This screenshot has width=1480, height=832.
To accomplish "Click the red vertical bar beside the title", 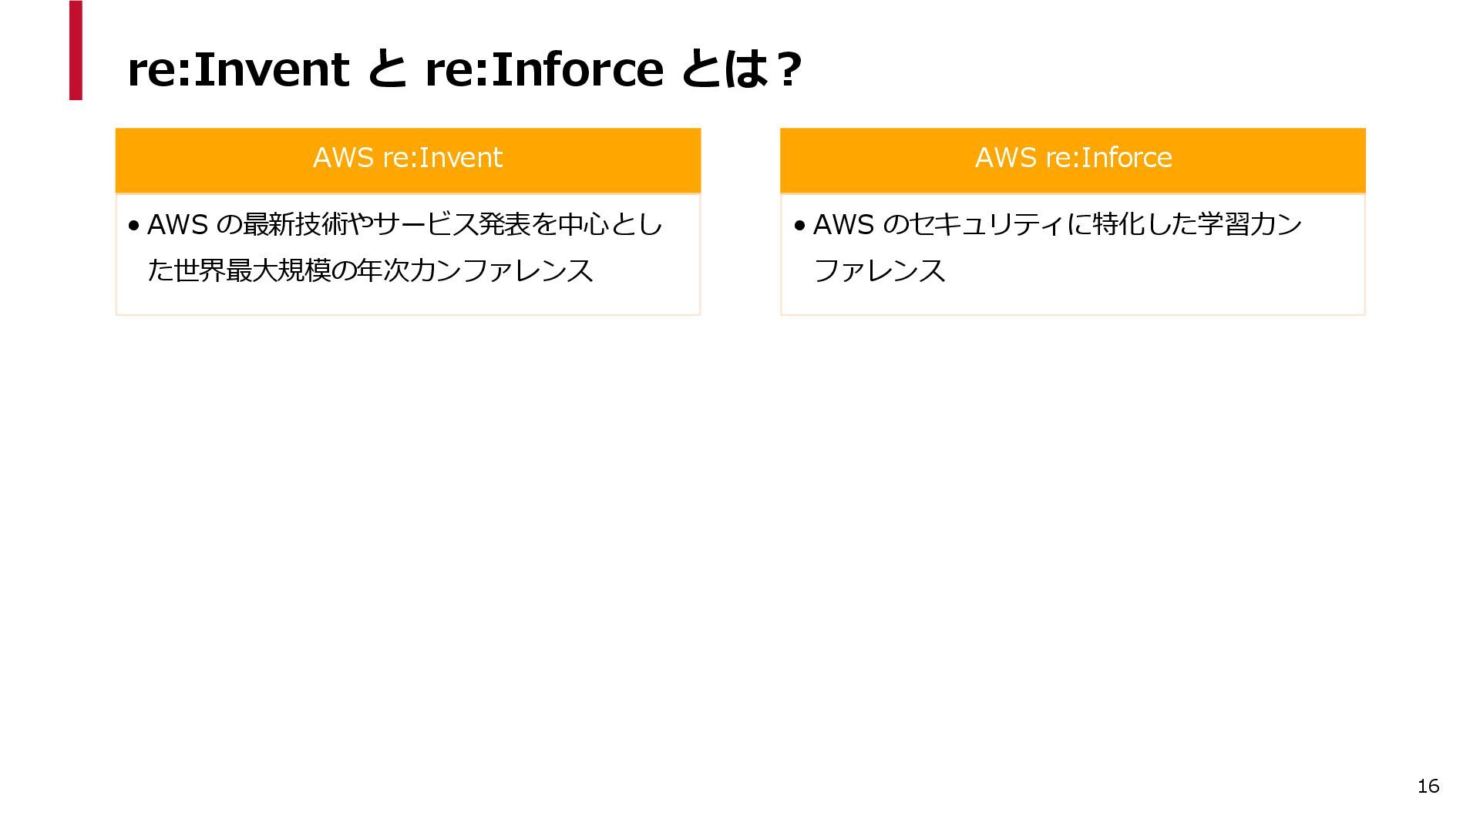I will [76, 50].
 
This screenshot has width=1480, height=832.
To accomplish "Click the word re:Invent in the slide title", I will [237, 69].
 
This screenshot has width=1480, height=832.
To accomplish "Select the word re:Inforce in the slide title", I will [543, 69].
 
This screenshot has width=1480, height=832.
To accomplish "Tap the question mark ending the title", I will [788, 69].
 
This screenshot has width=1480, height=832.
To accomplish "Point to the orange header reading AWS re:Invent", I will [408, 159].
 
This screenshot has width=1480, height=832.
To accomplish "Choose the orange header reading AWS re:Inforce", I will [1072, 159].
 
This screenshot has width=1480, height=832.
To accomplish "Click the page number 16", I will [1428, 786].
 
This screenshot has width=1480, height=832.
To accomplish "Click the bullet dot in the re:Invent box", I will [134, 226].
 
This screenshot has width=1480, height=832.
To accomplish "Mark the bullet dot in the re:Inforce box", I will [799, 226].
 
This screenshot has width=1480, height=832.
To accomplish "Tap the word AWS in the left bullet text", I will [177, 225].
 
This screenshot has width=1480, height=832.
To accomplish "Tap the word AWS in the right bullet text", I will [843, 225].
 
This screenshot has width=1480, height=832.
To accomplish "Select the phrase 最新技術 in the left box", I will [294, 225].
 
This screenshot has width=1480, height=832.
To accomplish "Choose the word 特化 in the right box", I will [1118, 225].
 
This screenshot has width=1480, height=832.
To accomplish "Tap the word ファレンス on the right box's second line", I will [880, 271].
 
